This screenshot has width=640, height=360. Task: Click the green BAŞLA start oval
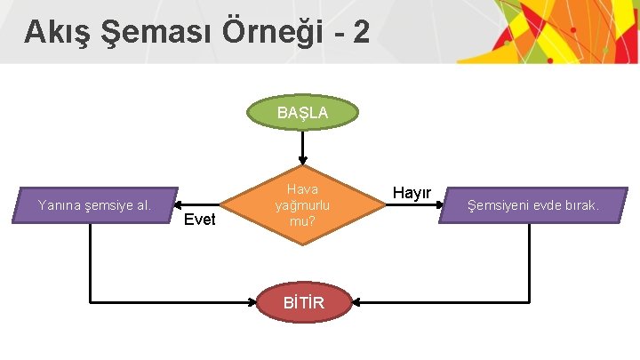coord(302,113)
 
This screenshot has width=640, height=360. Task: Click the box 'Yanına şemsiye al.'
coord(95,205)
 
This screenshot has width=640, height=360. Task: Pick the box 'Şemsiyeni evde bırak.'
coord(534,205)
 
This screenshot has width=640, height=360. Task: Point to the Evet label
coord(199,220)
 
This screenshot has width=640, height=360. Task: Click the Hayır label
coord(412,193)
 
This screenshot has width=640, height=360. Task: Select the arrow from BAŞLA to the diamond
coord(302,148)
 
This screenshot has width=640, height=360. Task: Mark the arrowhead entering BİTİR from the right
coord(354,304)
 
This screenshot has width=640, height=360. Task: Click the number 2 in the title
coord(360,33)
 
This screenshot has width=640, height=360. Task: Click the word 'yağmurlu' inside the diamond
coord(302,205)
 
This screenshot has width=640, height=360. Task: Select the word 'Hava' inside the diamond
coord(302,189)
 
